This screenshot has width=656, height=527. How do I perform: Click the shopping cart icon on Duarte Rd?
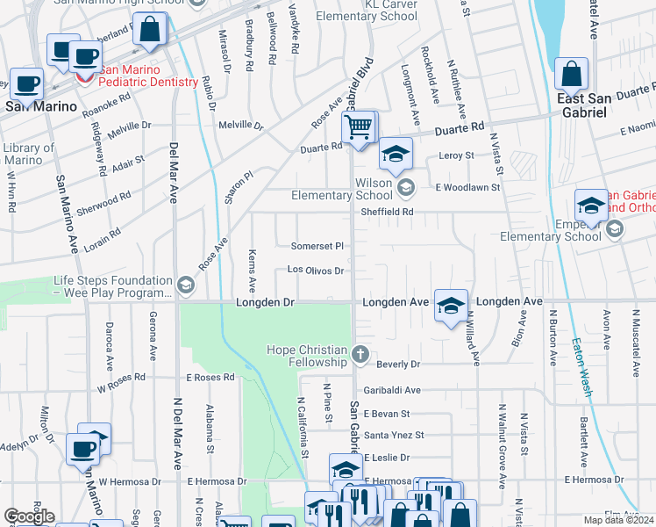click(x=358, y=128)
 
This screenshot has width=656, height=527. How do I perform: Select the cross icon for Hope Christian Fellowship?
click(x=360, y=355)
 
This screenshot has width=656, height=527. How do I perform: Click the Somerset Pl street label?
click(x=317, y=246)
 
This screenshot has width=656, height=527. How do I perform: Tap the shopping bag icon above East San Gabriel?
click(x=571, y=76)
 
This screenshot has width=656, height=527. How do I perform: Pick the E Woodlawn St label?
click(x=468, y=187)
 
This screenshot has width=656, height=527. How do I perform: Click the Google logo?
click(x=29, y=516)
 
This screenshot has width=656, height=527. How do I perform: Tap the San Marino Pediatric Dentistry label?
click(x=147, y=76)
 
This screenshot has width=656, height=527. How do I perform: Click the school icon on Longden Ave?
click(x=450, y=306)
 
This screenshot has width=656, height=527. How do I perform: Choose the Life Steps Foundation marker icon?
click(x=185, y=285)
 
